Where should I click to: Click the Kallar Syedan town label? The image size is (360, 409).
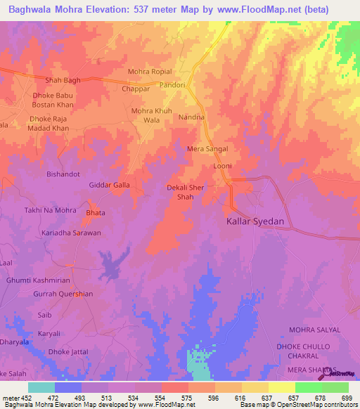click(255, 221)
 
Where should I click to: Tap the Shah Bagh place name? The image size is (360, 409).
click(63, 80)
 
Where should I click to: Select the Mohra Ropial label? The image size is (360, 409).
click(150, 72)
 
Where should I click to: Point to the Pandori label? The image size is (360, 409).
click(172, 85)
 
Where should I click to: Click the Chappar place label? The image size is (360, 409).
click(135, 89)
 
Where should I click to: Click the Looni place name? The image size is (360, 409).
click(223, 166)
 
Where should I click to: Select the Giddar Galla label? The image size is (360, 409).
click(110, 185)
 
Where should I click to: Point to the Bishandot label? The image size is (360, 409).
click(63, 174)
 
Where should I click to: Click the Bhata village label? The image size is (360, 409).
click(95, 213)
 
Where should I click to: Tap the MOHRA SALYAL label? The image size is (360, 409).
click(314, 330)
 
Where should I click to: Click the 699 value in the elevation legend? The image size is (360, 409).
click(348, 397)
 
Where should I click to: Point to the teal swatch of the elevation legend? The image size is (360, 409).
click(41, 387)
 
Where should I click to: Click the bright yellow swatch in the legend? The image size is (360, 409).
click(281, 387)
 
